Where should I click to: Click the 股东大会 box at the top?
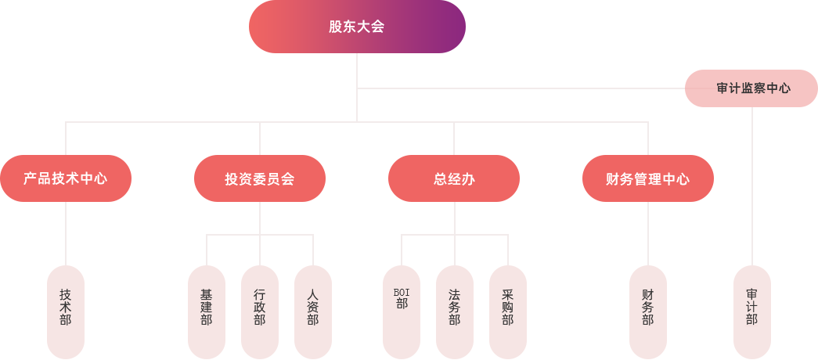(x=357, y=27)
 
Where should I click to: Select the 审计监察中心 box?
(x=750, y=88)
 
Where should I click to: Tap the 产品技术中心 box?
(x=66, y=178)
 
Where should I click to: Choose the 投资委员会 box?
(x=259, y=178)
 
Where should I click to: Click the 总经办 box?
(x=453, y=178)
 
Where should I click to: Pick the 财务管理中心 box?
(x=647, y=178)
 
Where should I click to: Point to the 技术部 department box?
(x=65, y=311)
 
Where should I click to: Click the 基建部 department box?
(x=206, y=311)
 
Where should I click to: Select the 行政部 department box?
(x=259, y=311)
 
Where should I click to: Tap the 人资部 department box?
(x=312, y=311)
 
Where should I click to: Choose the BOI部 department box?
(x=401, y=311)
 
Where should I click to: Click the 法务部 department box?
(x=454, y=311)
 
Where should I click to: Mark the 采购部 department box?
(x=507, y=311)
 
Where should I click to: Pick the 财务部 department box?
(x=647, y=311)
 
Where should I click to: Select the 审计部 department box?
(x=751, y=311)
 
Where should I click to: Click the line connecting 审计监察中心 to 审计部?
(x=752, y=188)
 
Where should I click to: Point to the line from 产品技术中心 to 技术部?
(x=66, y=233)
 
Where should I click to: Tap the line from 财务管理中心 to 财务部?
(x=648, y=233)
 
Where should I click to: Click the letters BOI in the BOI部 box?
(x=402, y=293)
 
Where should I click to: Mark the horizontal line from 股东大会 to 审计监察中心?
(x=517, y=88)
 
